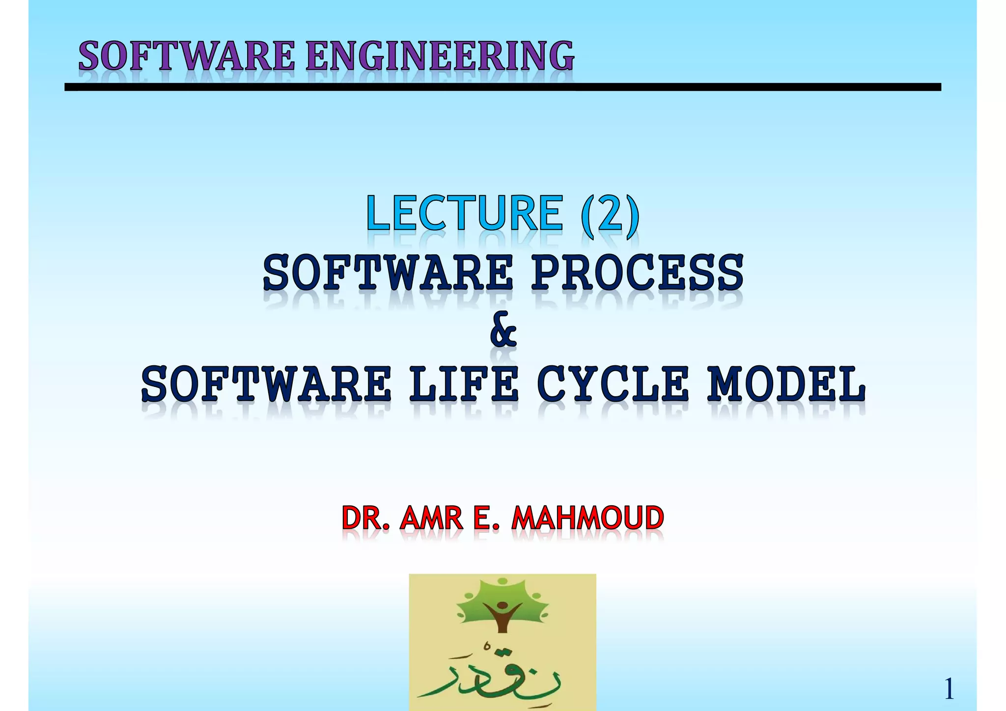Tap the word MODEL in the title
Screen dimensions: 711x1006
coord(786,384)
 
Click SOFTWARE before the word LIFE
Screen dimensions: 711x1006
coord(266,384)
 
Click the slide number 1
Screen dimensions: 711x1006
coord(949,689)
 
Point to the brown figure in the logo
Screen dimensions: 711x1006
coord(502,616)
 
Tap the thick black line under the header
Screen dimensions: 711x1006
coord(503,87)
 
